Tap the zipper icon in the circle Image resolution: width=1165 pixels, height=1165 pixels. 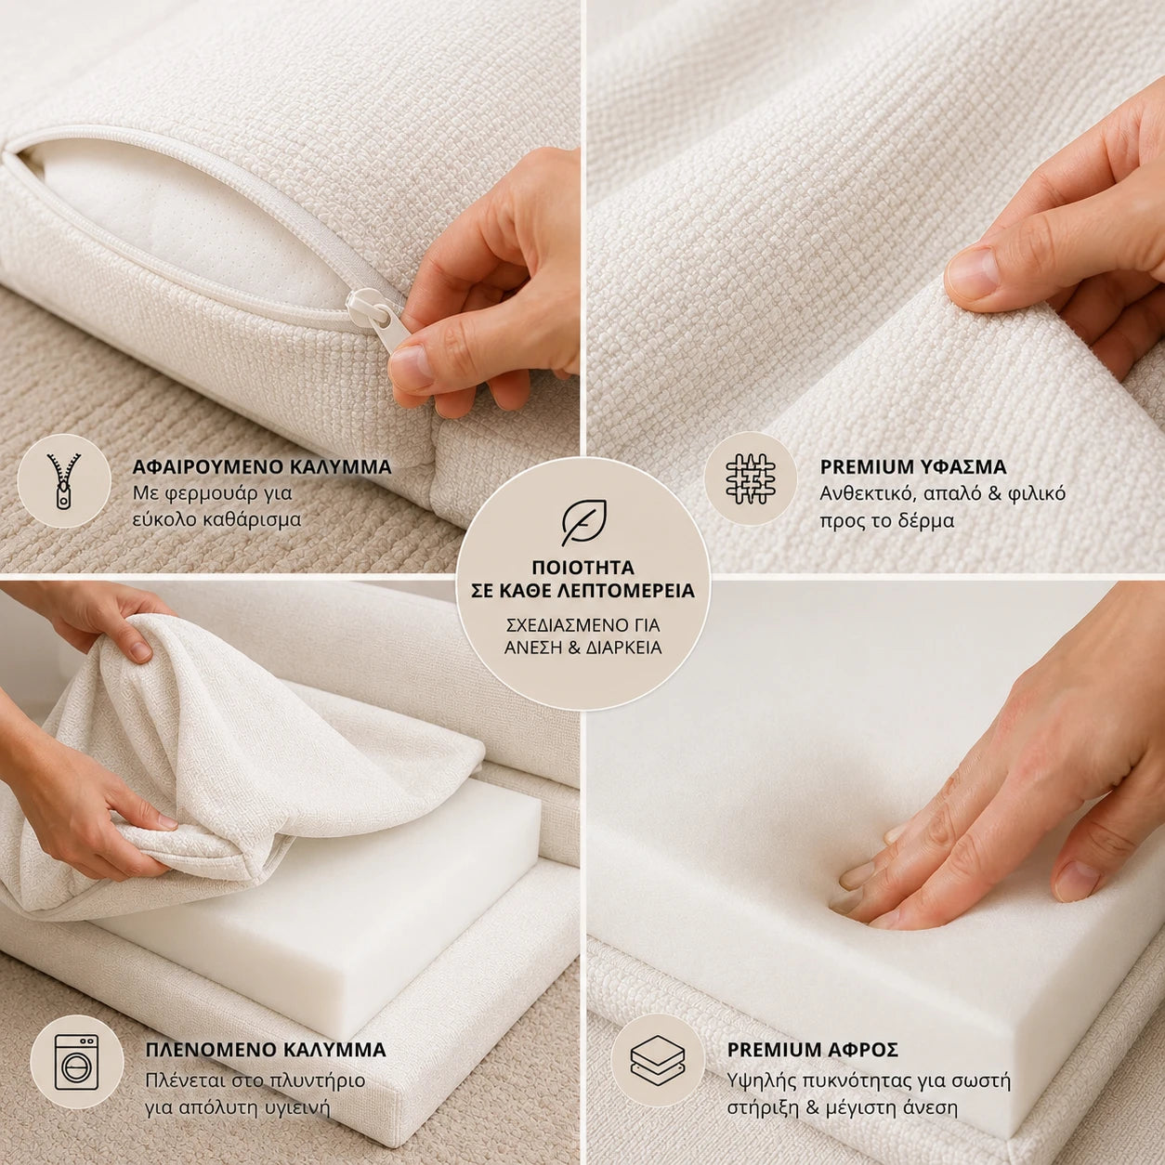pos(64,480)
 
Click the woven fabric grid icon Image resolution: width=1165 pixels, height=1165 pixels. pos(751,478)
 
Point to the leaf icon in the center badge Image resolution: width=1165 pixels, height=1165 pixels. pos(583,522)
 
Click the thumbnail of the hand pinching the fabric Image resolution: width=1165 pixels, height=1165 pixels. pos(875,286)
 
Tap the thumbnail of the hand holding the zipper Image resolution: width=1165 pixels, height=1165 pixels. pos(290,286)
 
